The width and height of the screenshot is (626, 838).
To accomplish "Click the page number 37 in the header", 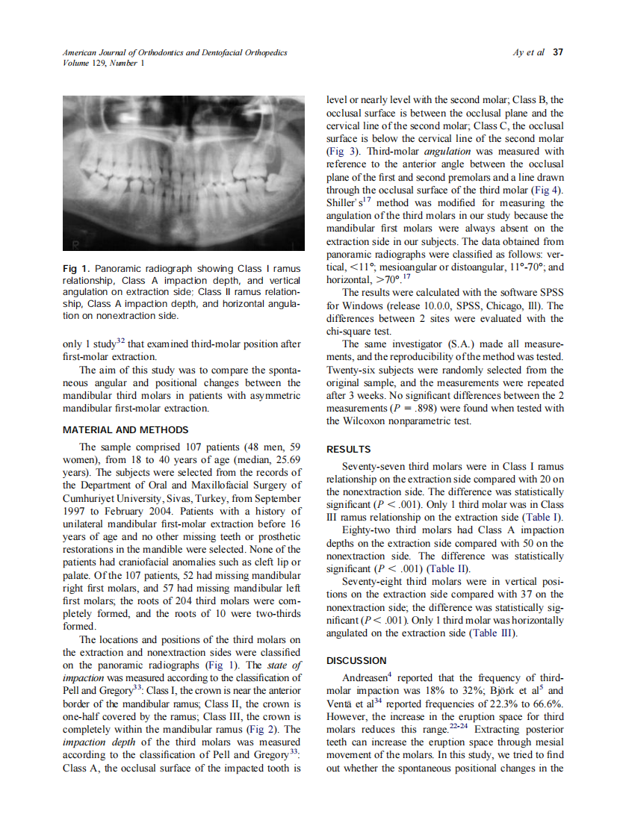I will [x=557, y=52].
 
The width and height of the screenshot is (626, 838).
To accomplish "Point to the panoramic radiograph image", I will [x=183, y=174].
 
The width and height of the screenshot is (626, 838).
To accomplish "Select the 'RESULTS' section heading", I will [x=349, y=450].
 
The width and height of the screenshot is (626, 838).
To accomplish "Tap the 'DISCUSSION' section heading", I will [x=357, y=660].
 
